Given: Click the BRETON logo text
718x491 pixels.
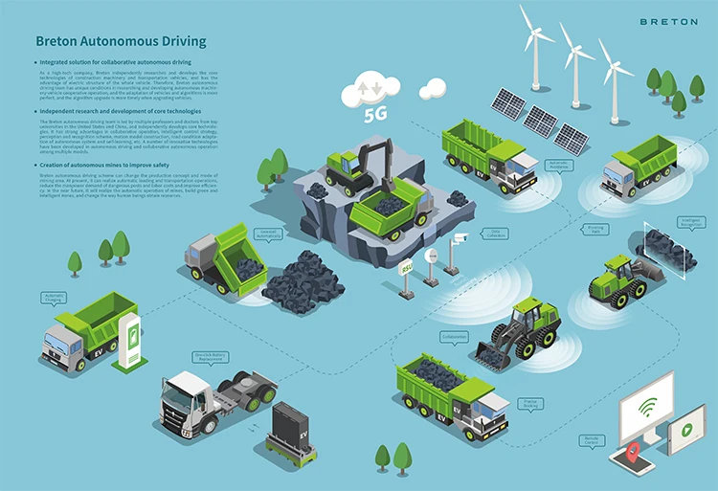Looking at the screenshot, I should click(669, 21).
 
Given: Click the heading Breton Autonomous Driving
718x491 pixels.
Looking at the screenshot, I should click(121, 42).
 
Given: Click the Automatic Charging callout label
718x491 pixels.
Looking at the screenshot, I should click(54, 298).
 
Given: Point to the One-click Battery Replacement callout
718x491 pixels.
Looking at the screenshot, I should click(213, 357).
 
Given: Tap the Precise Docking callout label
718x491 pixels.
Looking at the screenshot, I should click(529, 405).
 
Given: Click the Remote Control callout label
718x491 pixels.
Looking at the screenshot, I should click(593, 440).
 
